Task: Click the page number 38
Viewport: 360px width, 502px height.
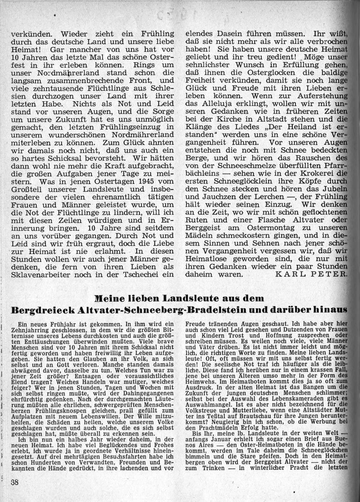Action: (15, 483)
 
